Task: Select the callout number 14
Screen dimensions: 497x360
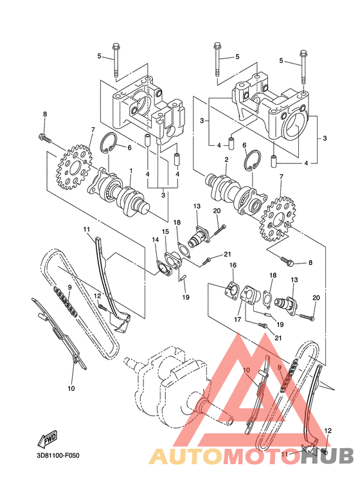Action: [x=155, y=240]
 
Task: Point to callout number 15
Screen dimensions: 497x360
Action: [x=165, y=231]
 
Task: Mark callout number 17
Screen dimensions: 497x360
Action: [x=239, y=318]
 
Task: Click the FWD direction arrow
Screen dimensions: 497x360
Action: [x=48, y=440]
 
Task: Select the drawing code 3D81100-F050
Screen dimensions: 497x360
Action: [x=62, y=458]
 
